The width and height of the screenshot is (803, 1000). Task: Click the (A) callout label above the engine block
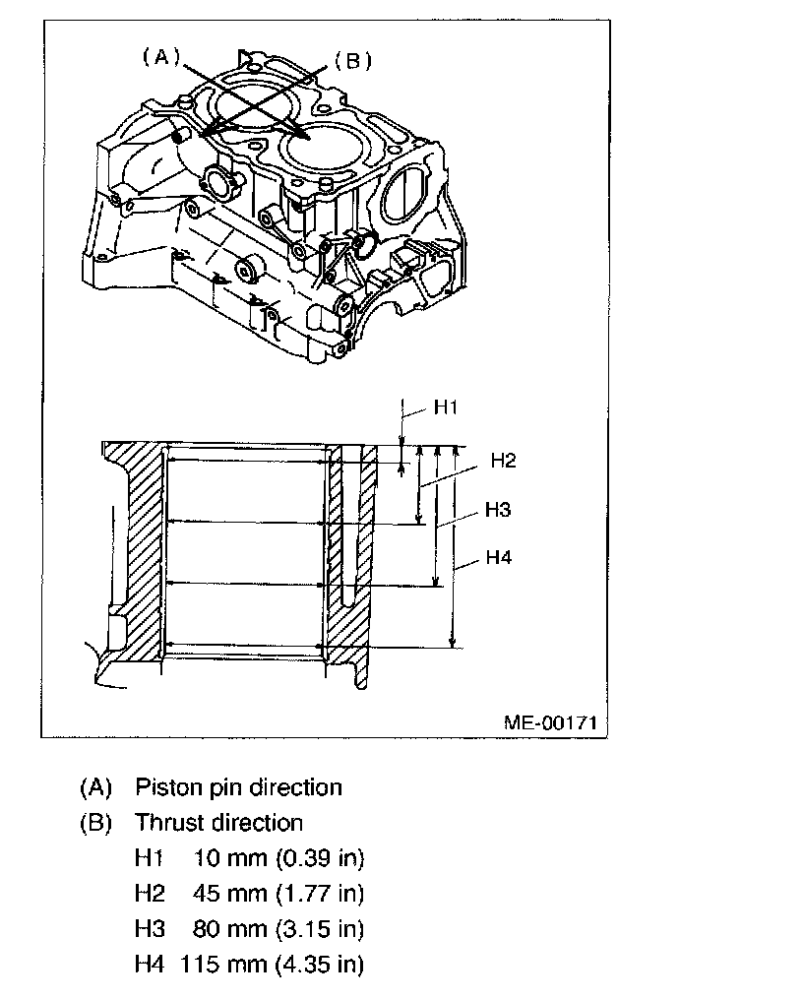tap(157, 57)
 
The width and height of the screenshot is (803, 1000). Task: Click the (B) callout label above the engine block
tap(352, 61)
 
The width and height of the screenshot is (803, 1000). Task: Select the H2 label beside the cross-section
tap(504, 461)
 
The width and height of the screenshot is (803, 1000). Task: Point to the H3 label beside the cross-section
tap(498, 510)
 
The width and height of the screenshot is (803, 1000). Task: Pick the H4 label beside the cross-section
tap(499, 557)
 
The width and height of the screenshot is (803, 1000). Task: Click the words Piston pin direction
tap(238, 787)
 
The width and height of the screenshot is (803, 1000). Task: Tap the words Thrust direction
tap(218, 822)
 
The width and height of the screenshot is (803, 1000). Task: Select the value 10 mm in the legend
tap(225, 858)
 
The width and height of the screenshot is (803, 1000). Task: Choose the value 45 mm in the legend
tap(225, 894)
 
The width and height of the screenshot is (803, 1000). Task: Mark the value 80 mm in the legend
tap(225, 929)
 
